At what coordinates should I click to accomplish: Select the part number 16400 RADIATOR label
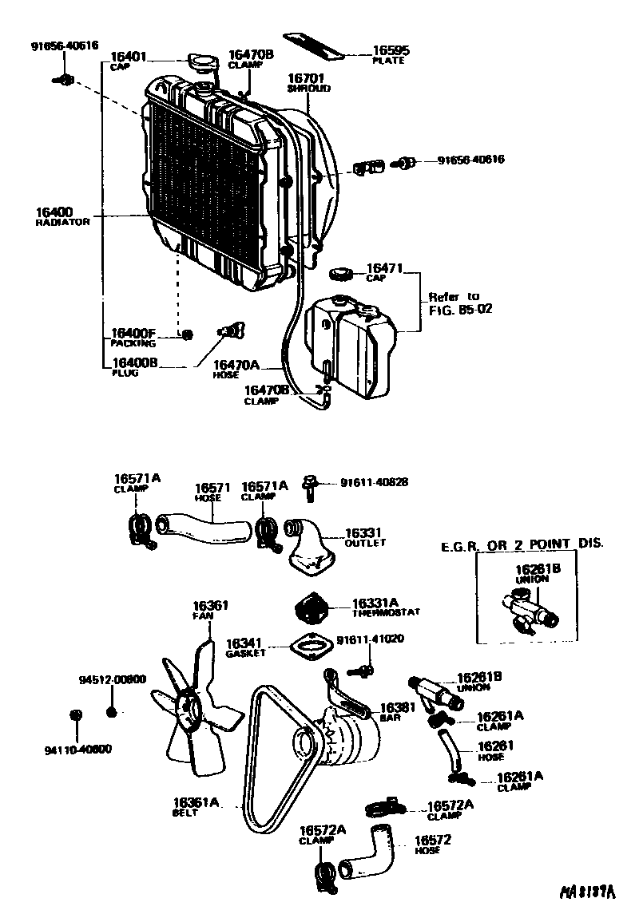point(62,216)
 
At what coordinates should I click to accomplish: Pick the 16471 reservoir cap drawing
point(341,274)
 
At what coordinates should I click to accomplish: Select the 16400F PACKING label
point(133,337)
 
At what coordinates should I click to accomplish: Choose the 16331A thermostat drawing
point(311,609)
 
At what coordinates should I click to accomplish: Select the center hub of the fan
point(190,709)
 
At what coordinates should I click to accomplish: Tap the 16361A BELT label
point(195,806)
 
